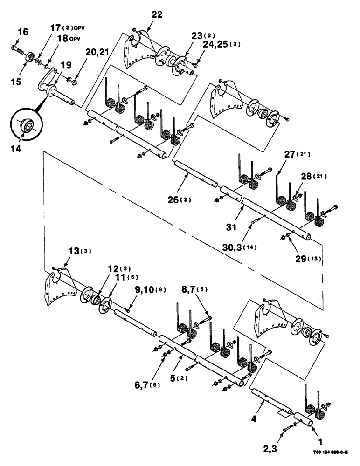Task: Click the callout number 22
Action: coord(157,15)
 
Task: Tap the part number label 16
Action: coord(23,32)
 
